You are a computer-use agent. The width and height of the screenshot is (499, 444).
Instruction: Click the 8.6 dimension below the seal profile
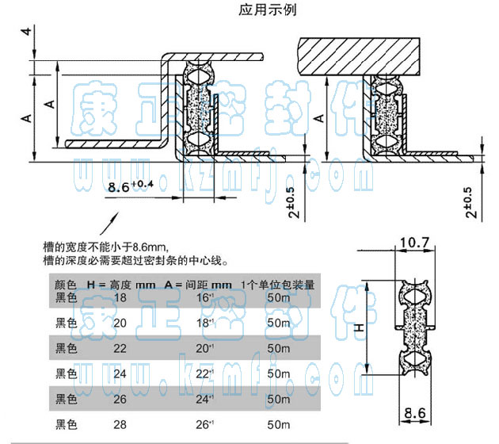[413, 412]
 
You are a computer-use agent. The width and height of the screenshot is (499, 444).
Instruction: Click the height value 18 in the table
[121, 297]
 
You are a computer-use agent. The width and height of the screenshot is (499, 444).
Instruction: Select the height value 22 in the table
[121, 349]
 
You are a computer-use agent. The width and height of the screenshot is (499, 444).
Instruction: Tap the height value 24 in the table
[121, 374]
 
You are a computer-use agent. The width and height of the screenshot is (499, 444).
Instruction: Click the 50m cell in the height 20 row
[277, 323]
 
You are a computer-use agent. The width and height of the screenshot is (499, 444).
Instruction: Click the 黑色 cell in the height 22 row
[66, 349]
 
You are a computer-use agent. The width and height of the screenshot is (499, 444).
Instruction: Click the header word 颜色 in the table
[66, 284]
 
